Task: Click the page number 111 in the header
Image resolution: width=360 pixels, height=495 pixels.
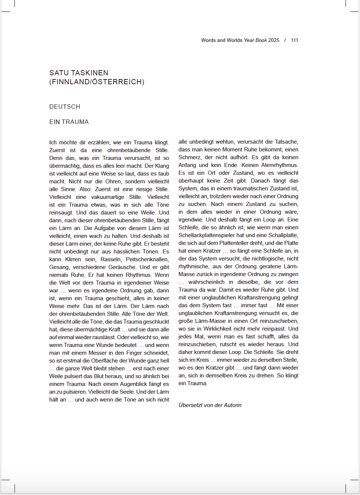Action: [294, 40]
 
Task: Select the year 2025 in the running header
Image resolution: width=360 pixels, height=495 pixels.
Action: [274, 40]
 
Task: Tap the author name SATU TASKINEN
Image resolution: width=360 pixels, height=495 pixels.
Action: [79, 73]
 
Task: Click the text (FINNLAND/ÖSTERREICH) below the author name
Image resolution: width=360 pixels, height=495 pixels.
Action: [97, 82]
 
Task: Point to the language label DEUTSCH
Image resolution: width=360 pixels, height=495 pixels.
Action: [65, 106]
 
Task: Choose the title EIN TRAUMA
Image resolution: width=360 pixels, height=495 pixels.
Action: [69, 122]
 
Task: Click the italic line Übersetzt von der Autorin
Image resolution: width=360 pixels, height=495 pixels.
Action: [210, 405]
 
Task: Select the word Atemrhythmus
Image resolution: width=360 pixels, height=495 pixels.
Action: [279, 165]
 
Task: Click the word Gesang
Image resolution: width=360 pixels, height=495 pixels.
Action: [59, 267]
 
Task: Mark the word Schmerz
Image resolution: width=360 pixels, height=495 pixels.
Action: [190, 157]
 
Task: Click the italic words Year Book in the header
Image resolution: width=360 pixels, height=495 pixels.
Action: [255, 40]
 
